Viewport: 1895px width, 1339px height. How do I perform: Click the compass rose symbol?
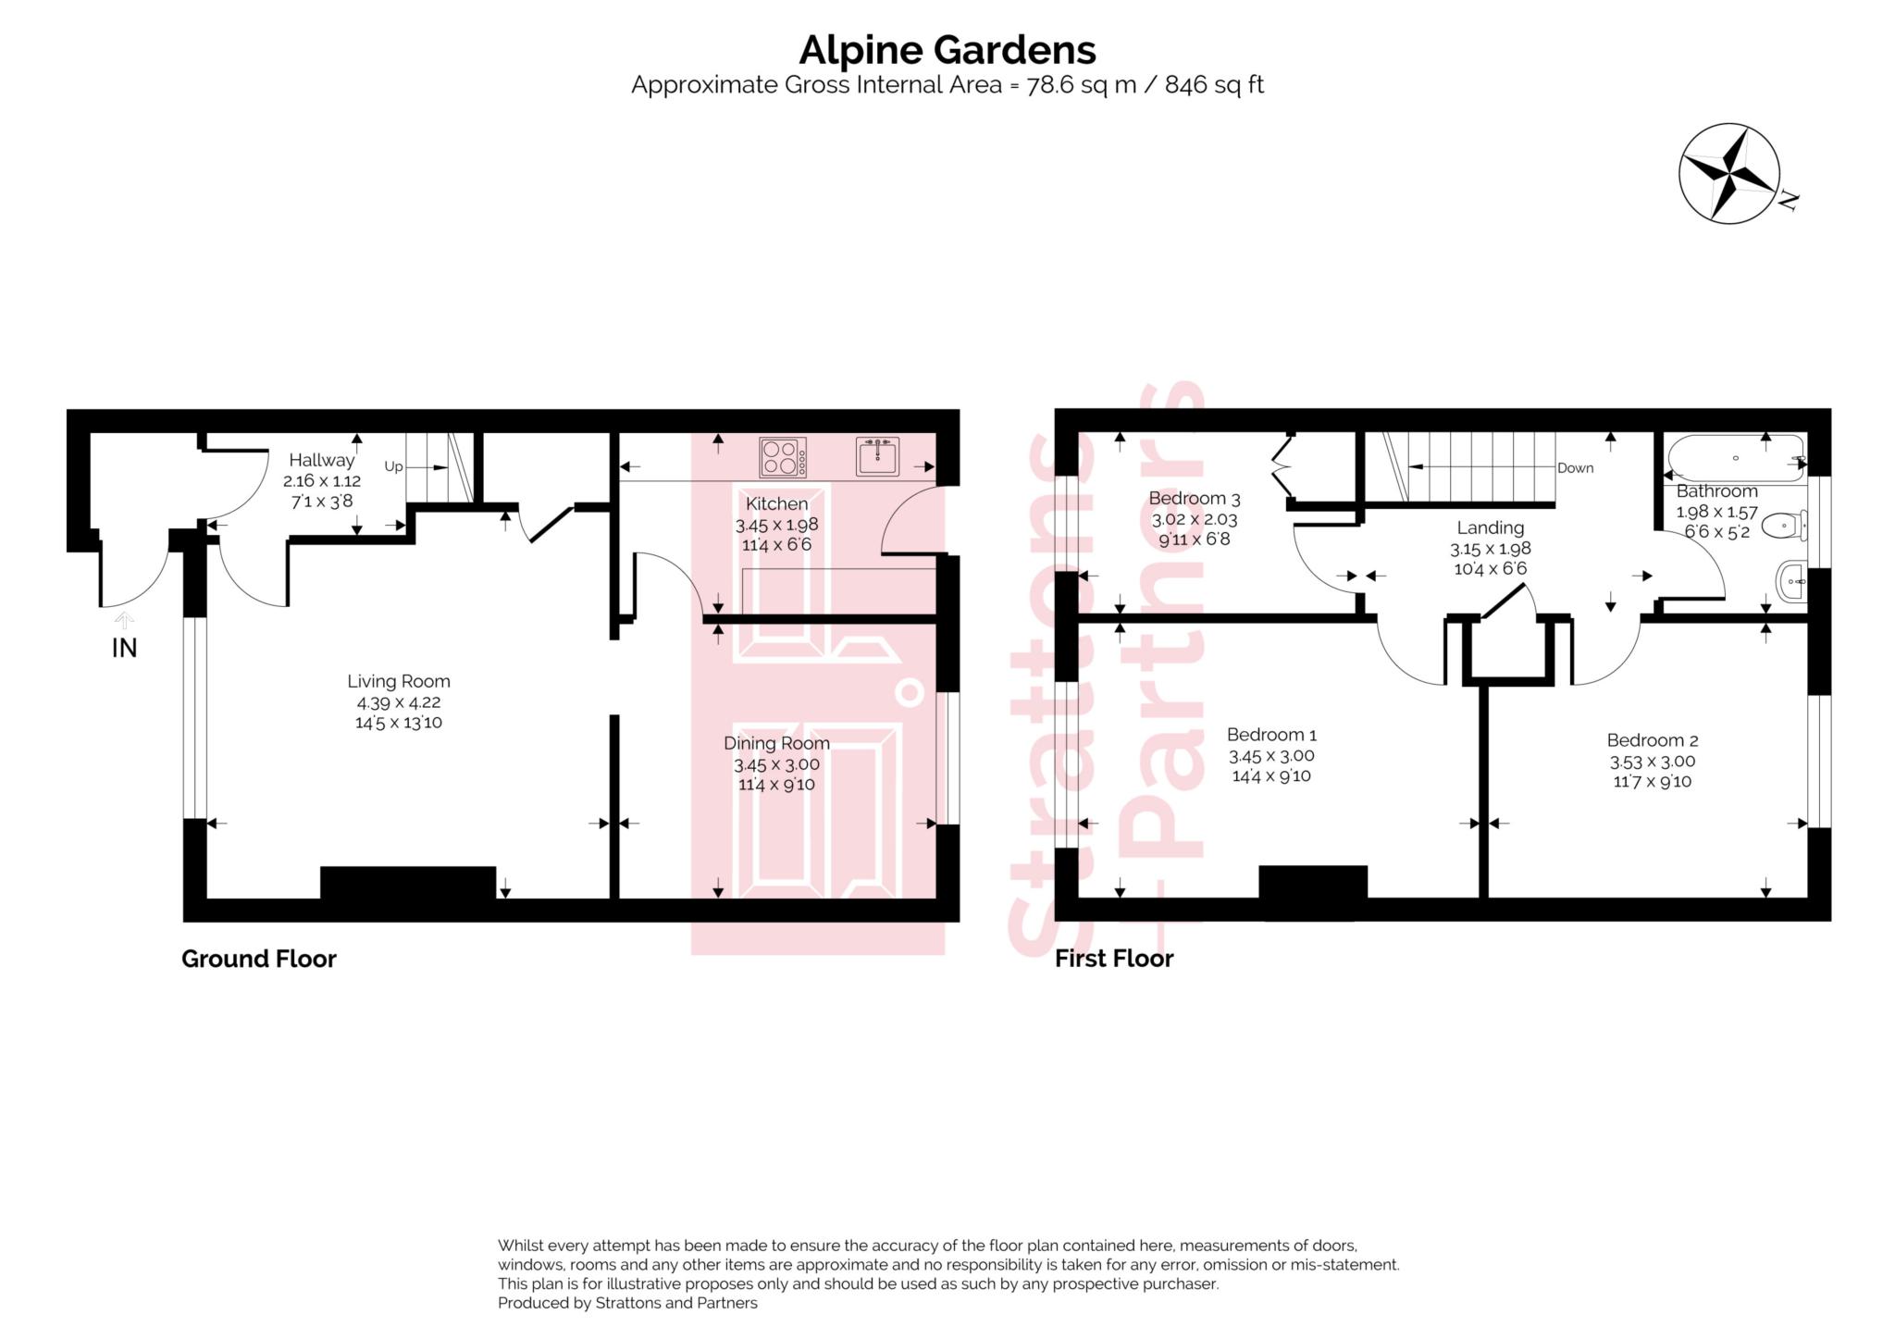(x=1728, y=173)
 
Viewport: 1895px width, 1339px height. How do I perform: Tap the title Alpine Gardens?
(x=947, y=50)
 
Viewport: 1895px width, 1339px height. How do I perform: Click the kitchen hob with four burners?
(x=783, y=457)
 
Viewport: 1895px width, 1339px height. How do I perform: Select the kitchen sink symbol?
(x=877, y=456)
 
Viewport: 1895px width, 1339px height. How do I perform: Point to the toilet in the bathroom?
(x=1787, y=527)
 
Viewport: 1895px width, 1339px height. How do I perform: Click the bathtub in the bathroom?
(x=1735, y=457)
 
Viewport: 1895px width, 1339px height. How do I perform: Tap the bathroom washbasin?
(x=1792, y=581)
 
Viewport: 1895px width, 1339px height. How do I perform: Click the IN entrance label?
(x=124, y=648)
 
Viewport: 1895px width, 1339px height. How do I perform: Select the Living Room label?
(x=399, y=681)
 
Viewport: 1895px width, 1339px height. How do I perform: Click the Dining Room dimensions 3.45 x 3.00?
(x=776, y=764)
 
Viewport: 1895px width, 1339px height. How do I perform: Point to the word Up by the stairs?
(x=393, y=466)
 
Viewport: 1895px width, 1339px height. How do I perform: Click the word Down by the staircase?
(x=1575, y=468)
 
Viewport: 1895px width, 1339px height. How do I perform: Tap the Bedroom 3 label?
(x=1194, y=499)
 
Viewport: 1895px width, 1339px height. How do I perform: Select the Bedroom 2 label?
(x=1652, y=740)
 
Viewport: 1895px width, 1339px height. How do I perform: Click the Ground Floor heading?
(x=259, y=959)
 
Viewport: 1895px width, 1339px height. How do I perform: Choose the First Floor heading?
(x=1114, y=959)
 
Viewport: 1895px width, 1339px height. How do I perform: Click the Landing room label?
(x=1490, y=527)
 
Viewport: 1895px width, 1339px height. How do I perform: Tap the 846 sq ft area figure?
(x=1214, y=85)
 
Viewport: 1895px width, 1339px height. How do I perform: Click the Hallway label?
(x=321, y=460)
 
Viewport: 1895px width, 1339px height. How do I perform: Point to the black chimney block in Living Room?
(x=407, y=882)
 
